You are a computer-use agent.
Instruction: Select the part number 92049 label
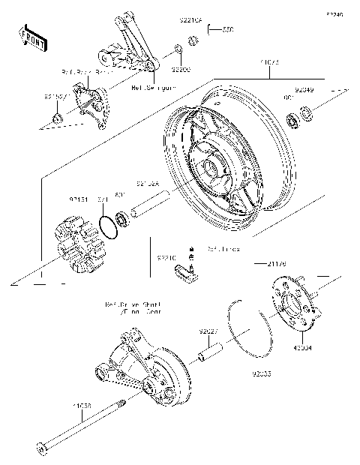[304, 90]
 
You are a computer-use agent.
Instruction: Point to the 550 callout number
[227, 30]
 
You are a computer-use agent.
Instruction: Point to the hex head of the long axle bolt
[41, 450]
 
